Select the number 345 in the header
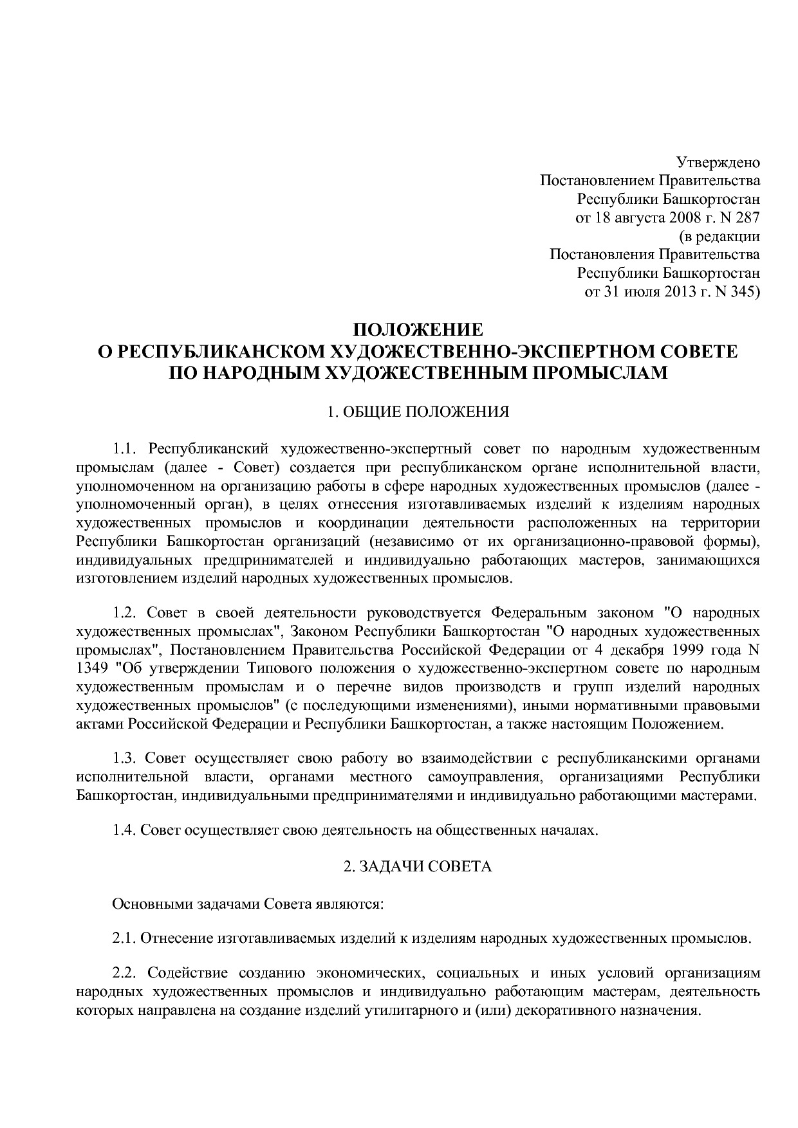point(745,292)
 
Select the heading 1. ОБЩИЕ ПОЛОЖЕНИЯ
point(418,412)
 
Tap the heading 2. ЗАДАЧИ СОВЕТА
point(417,867)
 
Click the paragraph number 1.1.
point(126,448)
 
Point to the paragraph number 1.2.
point(126,612)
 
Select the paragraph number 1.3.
point(126,758)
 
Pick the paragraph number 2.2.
point(126,974)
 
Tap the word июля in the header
point(639,292)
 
